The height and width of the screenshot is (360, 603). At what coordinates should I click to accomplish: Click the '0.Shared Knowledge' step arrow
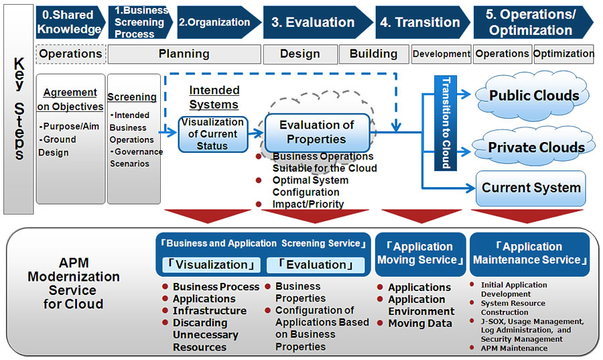(69, 22)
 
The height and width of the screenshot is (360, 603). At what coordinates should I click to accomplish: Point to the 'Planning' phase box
(184, 54)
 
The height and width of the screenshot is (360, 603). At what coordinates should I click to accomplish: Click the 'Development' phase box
(442, 54)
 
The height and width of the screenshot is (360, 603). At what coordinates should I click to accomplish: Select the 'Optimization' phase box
(564, 54)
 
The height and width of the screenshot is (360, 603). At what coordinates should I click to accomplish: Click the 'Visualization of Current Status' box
(213, 133)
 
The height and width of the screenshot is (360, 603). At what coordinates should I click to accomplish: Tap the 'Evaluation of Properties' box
(317, 132)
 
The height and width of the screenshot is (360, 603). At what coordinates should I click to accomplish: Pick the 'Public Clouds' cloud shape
(533, 96)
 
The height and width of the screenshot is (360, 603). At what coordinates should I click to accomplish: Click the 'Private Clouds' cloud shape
(535, 147)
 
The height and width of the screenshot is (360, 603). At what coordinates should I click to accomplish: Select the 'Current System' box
(531, 188)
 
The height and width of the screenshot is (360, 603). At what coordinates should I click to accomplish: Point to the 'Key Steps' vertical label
(19, 109)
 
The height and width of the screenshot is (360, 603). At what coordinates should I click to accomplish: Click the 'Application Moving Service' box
(421, 253)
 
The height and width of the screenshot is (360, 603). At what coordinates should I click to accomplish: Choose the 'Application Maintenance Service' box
(531, 253)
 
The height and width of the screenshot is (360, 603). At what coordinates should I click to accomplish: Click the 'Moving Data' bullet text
(415, 324)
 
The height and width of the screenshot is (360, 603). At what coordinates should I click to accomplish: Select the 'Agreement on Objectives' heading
(70, 99)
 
